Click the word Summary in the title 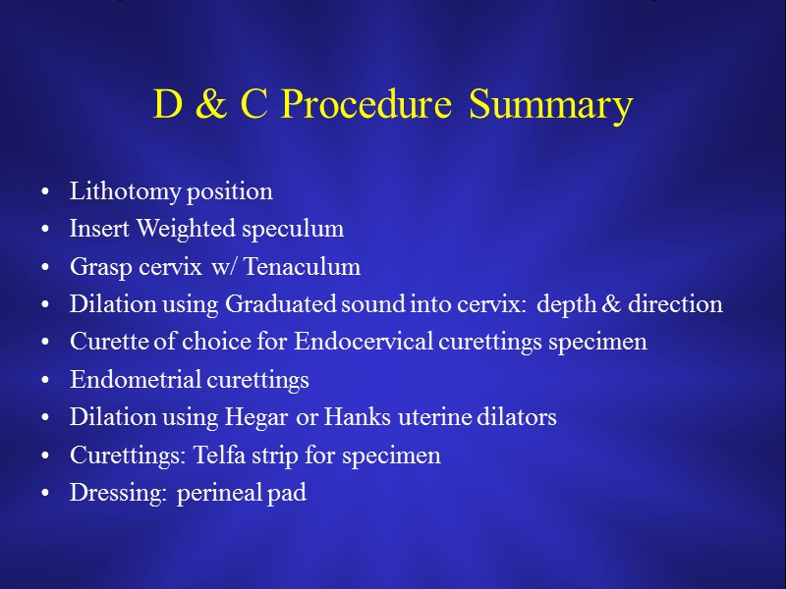tap(550, 106)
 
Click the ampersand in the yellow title tap(211, 106)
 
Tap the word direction tap(678, 305)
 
